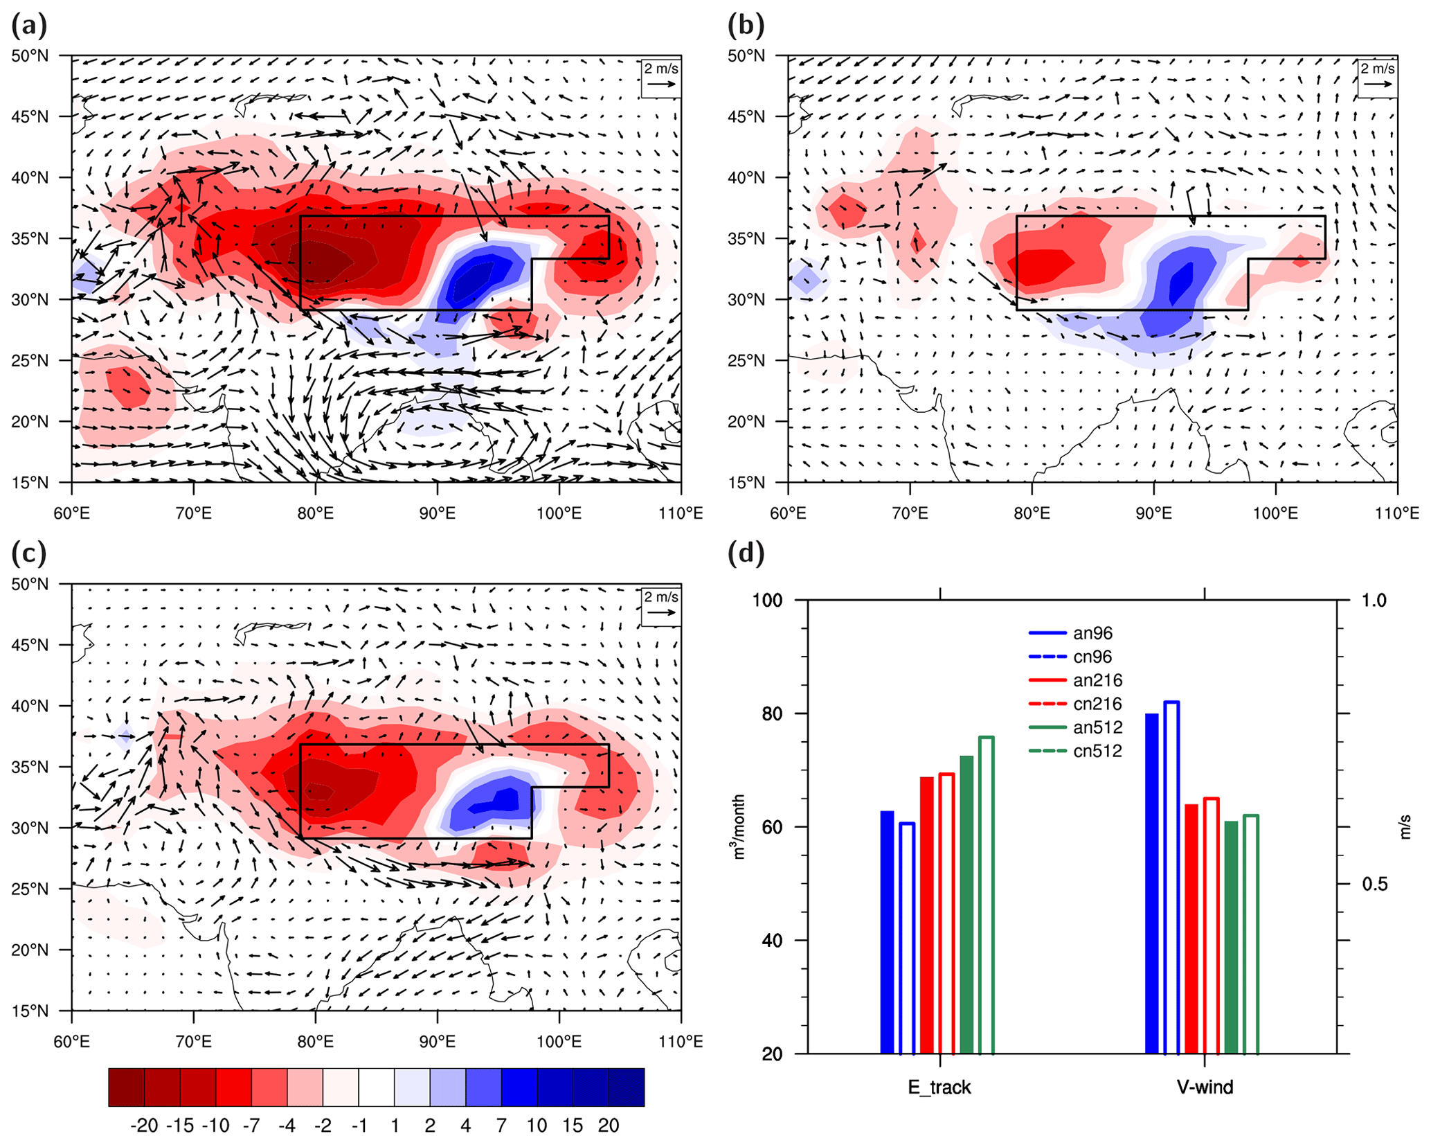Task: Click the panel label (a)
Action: tap(29, 26)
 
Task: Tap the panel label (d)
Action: tap(746, 554)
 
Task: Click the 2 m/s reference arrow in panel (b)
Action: tap(1377, 84)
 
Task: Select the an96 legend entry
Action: tap(1074, 632)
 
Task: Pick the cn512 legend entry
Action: tap(1074, 751)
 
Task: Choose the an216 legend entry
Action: tap(1074, 680)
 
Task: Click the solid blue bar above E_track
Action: tap(887, 932)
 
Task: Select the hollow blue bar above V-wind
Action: tap(1171, 878)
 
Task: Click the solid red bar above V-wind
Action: tap(1191, 928)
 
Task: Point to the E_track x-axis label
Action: tap(939, 1087)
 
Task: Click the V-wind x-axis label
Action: tap(1205, 1087)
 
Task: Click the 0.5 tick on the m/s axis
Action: tap(1374, 885)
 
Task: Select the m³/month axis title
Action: tap(739, 826)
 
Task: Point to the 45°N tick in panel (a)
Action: tap(30, 116)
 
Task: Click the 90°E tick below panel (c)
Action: tap(437, 1041)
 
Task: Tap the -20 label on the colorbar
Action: tap(144, 1126)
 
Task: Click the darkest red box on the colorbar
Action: tap(127, 1087)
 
